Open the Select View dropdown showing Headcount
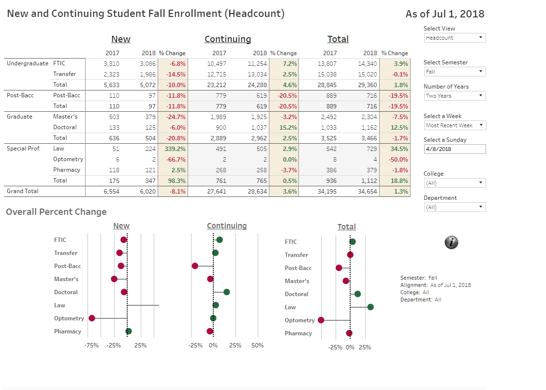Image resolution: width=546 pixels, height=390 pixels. [x=455, y=38]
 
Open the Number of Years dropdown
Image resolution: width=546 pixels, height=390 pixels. [x=455, y=96]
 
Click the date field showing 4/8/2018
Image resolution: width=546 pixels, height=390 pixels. [x=455, y=149]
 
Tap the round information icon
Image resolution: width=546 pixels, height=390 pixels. [x=451, y=242]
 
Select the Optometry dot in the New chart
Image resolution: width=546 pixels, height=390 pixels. [x=92, y=318]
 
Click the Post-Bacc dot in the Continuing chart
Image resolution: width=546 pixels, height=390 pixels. [x=195, y=266]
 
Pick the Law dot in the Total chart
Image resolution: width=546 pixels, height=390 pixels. [x=370, y=307]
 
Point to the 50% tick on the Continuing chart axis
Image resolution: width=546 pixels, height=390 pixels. [x=258, y=345]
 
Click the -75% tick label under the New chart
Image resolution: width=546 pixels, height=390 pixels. [x=91, y=345]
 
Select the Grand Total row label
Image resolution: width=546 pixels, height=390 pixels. [x=23, y=191]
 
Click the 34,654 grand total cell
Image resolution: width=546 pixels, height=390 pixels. [x=370, y=192]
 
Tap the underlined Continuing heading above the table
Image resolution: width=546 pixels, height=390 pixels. [x=228, y=39]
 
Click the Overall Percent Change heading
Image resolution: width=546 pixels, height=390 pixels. [x=56, y=212]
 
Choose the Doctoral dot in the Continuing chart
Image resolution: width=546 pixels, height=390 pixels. [x=227, y=292]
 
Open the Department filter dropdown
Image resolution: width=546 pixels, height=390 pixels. [x=455, y=207]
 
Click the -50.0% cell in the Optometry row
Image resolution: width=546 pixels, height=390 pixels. [x=398, y=159]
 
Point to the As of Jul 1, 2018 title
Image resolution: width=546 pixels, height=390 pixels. [x=444, y=14]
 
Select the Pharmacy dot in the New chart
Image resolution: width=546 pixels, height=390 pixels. [x=129, y=331]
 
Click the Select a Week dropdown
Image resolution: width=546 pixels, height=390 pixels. [x=455, y=125]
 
